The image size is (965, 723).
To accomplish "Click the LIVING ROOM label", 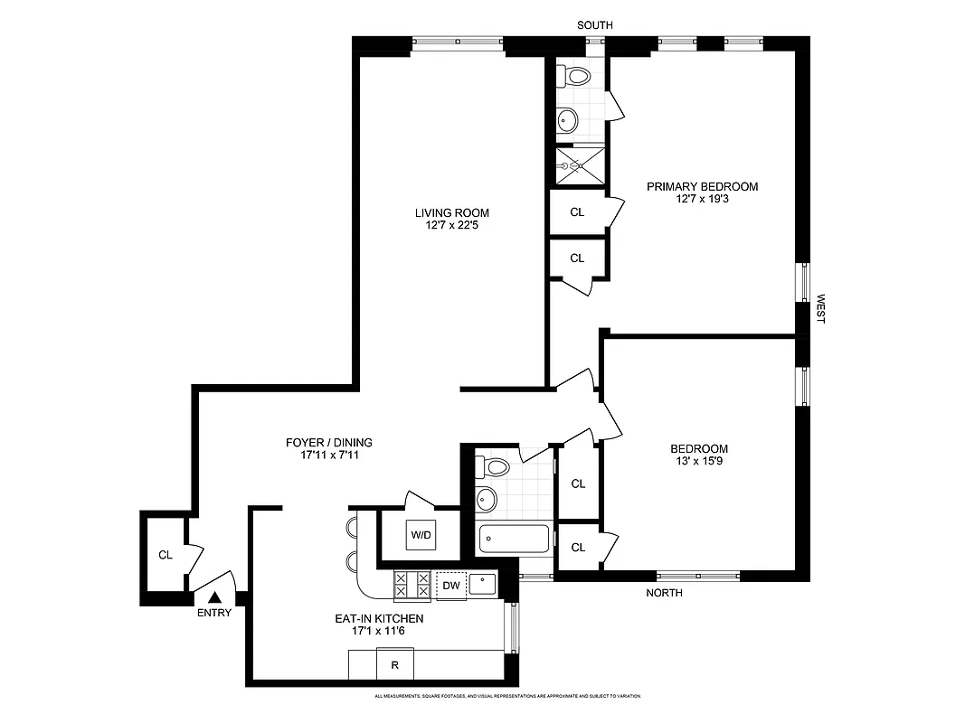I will coord(451,213).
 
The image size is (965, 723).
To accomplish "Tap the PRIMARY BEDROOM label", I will coord(702,187).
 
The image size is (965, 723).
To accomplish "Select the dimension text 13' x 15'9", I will coord(698,462).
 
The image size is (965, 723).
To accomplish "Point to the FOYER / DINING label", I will coord(329,443).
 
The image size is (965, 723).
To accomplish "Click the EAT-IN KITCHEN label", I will coord(388,619).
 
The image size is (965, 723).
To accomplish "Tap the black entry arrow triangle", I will coord(215,596).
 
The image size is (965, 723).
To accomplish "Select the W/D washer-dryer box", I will coord(421,534).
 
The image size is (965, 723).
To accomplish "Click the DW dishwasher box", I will coord(450,586).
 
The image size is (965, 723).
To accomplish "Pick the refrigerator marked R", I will coord(394,665).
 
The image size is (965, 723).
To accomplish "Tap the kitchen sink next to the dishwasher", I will coord(483,584).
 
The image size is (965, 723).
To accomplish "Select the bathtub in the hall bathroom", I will coord(514,540).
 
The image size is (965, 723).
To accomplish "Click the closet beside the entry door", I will coord(166,554).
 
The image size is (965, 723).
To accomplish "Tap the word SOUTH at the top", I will coord(594,25).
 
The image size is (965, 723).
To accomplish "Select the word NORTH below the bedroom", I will coord(664,593).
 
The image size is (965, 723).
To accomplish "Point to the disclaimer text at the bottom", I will coord(507,697).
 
